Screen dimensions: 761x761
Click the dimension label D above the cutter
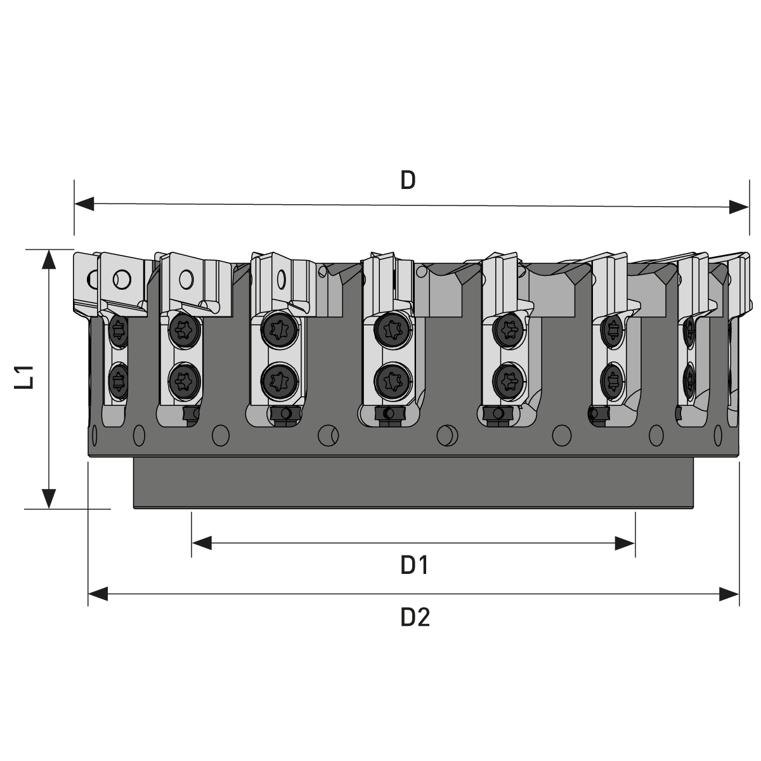click(408, 180)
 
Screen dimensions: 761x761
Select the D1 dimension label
click(414, 565)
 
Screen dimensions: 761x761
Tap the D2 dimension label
click(415, 617)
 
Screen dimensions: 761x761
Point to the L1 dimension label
click(23, 377)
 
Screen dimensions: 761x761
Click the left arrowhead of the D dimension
click(84, 204)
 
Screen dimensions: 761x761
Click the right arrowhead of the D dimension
click(739, 207)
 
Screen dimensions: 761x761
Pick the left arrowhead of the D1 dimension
click(202, 543)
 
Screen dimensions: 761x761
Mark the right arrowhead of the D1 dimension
click(625, 543)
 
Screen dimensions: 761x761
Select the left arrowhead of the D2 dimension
click(98, 594)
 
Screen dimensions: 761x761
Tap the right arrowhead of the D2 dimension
click(729, 594)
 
